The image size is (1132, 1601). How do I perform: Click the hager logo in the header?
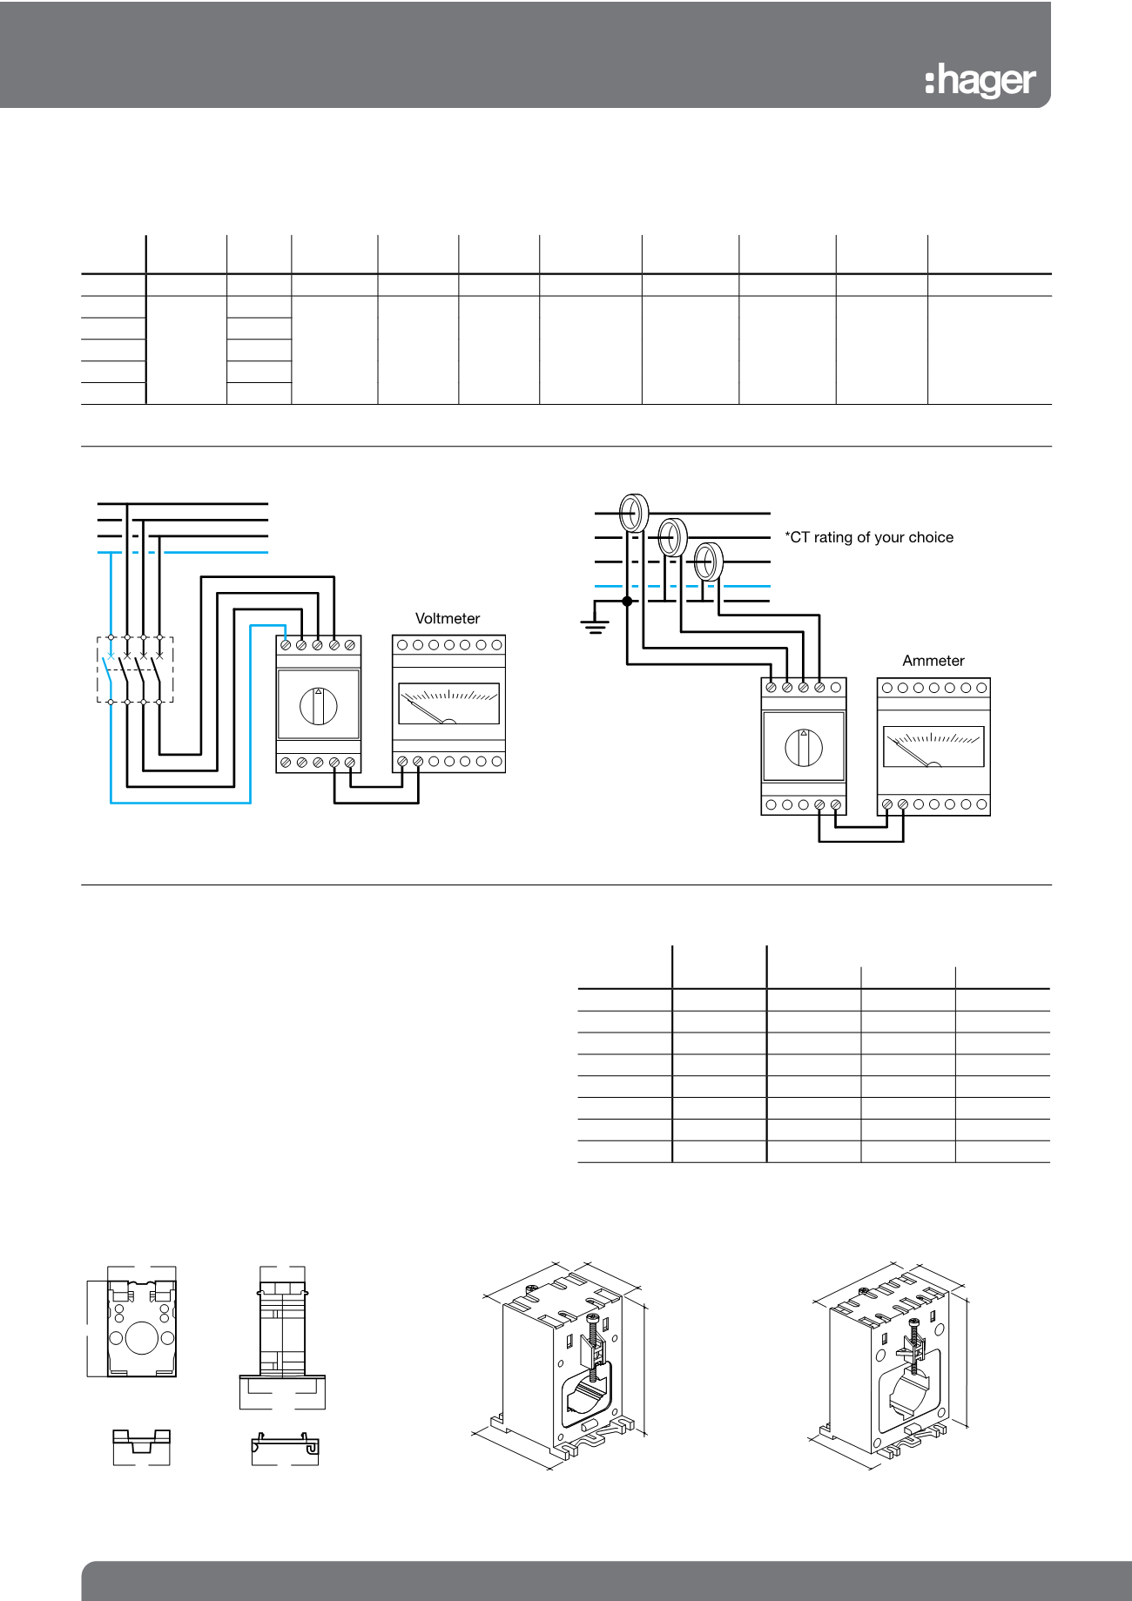980,81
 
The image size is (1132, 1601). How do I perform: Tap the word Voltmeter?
448,619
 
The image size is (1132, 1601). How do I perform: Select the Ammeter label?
933,661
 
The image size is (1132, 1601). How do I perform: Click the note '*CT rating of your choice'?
869,537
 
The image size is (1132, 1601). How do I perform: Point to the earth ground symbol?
596,625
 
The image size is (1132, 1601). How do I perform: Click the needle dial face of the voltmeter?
448,703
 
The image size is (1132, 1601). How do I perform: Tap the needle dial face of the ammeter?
933,747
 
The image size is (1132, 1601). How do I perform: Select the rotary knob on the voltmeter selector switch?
319,705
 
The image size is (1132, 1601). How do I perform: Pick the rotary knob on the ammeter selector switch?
803,747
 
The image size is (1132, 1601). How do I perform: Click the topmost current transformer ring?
634,513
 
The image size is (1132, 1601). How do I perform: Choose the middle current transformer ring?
671,537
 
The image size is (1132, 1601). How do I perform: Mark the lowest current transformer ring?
709,561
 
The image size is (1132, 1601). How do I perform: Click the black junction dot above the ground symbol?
627,601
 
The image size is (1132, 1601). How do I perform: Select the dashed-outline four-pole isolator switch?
135,669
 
